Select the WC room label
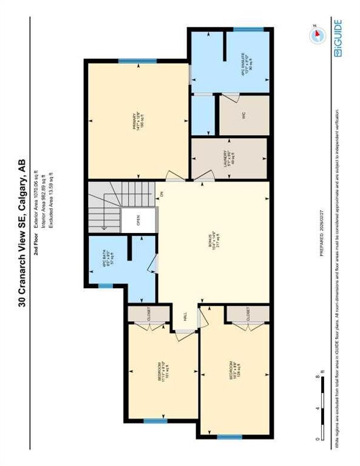coord(241,114)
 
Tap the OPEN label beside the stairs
coord(138,222)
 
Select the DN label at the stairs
coord(161,194)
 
